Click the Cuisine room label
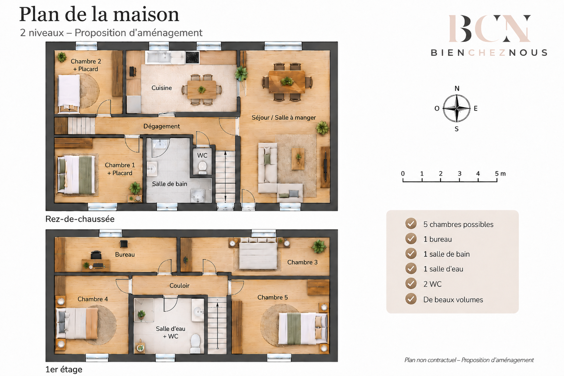click(x=162, y=88)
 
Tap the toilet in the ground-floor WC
click(x=202, y=167)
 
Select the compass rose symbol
click(x=456, y=108)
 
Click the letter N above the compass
click(x=457, y=88)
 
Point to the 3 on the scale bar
click(x=460, y=173)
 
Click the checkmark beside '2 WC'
click(x=411, y=283)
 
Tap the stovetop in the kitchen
click(x=193, y=57)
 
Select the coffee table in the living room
click(x=298, y=159)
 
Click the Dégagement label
click(x=162, y=126)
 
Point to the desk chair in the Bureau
click(x=96, y=255)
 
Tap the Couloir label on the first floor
click(x=179, y=285)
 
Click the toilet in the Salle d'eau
click(x=195, y=344)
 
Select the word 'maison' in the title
click(x=146, y=14)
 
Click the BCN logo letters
click(x=490, y=28)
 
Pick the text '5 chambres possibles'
click(x=458, y=224)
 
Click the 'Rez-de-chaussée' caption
click(x=80, y=219)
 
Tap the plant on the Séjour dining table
click(x=287, y=81)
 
